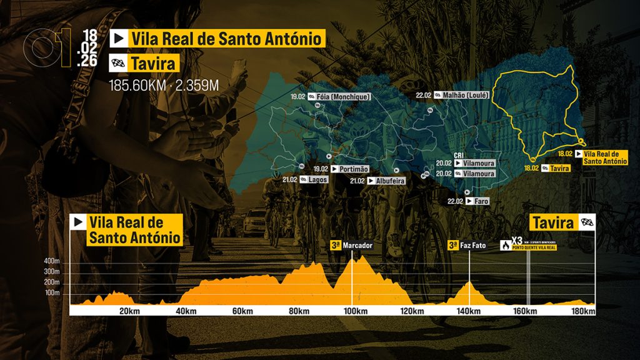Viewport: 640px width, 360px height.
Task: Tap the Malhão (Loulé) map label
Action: tap(466, 96)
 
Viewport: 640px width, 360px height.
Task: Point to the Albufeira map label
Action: tap(390, 181)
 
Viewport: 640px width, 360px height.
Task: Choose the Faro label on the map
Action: tap(481, 201)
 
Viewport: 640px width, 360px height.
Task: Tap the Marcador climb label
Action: tap(357, 246)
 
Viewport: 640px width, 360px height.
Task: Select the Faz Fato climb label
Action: tap(473, 246)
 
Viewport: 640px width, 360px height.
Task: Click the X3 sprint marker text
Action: tap(517, 241)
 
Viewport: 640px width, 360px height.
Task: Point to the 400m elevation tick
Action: tap(51, 261)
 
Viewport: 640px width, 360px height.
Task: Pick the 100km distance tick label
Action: tap(354, 312)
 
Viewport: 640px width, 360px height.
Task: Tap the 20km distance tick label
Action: tap(128, 312)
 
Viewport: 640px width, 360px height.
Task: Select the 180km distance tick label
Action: tap(582, 312)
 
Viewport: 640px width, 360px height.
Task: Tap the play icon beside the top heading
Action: tap(117, 39)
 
